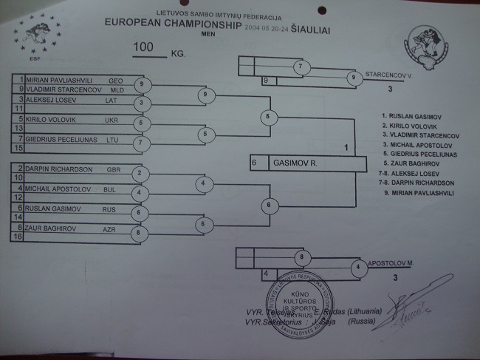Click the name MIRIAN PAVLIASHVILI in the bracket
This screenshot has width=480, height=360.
57,78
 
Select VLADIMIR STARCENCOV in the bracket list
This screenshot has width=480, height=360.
61,88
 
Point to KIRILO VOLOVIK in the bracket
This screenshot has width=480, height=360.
51,118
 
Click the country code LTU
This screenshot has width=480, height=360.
112,139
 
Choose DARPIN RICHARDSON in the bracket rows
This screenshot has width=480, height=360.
60,169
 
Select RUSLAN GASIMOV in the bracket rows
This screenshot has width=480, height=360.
52,209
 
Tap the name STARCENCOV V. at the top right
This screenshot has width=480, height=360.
388,75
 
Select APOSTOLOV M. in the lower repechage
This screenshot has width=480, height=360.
389,263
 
